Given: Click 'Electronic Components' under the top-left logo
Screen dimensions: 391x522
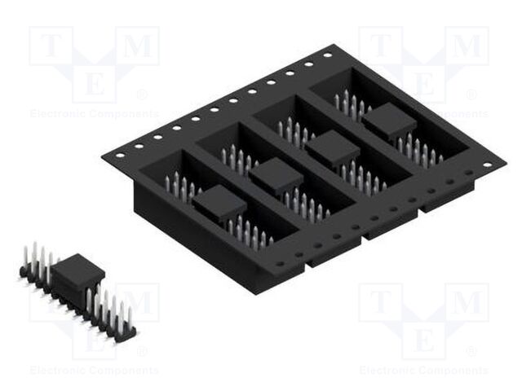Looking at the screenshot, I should (95, 114).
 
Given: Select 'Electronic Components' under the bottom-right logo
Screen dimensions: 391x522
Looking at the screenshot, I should (424, 371).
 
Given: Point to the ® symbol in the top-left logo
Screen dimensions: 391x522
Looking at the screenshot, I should (144, 95).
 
